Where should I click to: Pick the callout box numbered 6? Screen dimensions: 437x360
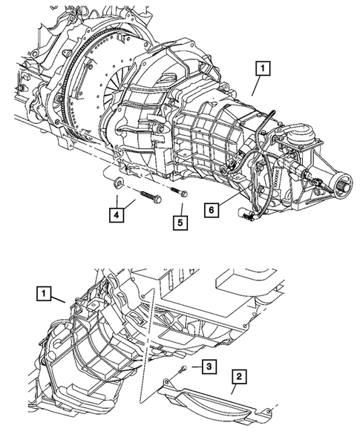(x=212, y=211)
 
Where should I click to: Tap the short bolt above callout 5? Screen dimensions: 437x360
(x=180, y=192)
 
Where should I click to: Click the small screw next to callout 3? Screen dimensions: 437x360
(x=183, y=369)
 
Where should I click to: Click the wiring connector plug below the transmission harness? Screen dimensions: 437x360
(x=247, y=217)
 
